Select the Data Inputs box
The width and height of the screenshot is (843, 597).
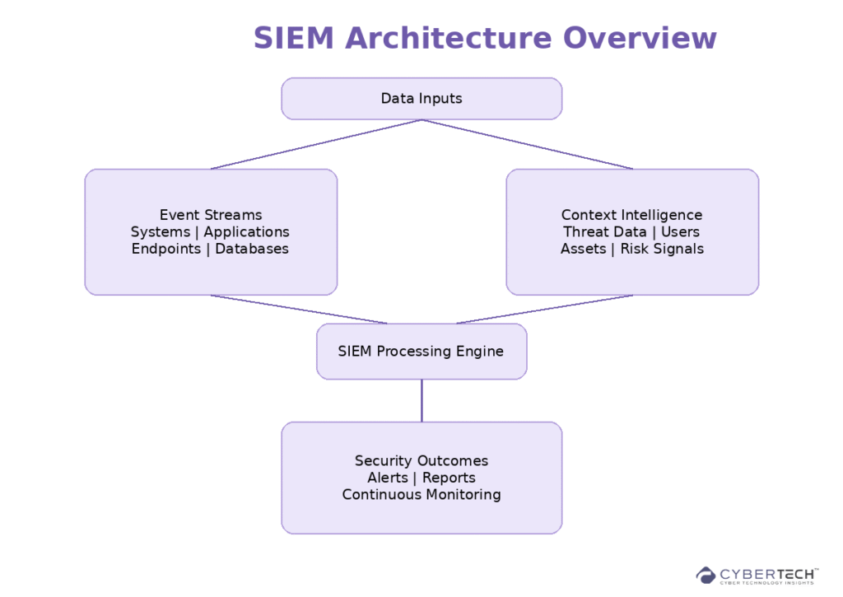[x=421, y=99]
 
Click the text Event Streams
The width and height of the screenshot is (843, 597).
[x=211, y=215]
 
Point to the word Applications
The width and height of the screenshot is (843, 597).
[x=247, y=232]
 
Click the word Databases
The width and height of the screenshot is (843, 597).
[x=252, y=249]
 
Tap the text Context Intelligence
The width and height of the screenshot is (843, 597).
[x=631, y=215]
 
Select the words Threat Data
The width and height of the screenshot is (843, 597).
[x=604, y=232]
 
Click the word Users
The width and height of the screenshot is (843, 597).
[x=680, y=232]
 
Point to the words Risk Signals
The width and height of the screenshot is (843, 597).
[x=662, y=249]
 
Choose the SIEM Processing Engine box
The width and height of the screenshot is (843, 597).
[x=421, y=352]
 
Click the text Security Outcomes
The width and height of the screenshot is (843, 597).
[x=421, y=461]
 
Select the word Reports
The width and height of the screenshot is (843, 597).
[x=449, y=478]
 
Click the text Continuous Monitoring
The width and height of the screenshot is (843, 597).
[x=421, y=495]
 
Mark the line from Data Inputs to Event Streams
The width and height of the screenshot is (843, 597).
[x=316, y=144]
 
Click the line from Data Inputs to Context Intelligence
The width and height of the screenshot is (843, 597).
[x=527, y=144]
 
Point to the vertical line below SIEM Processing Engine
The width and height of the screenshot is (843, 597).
[x=421, y=401]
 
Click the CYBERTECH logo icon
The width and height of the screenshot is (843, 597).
[x=706, y=575]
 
